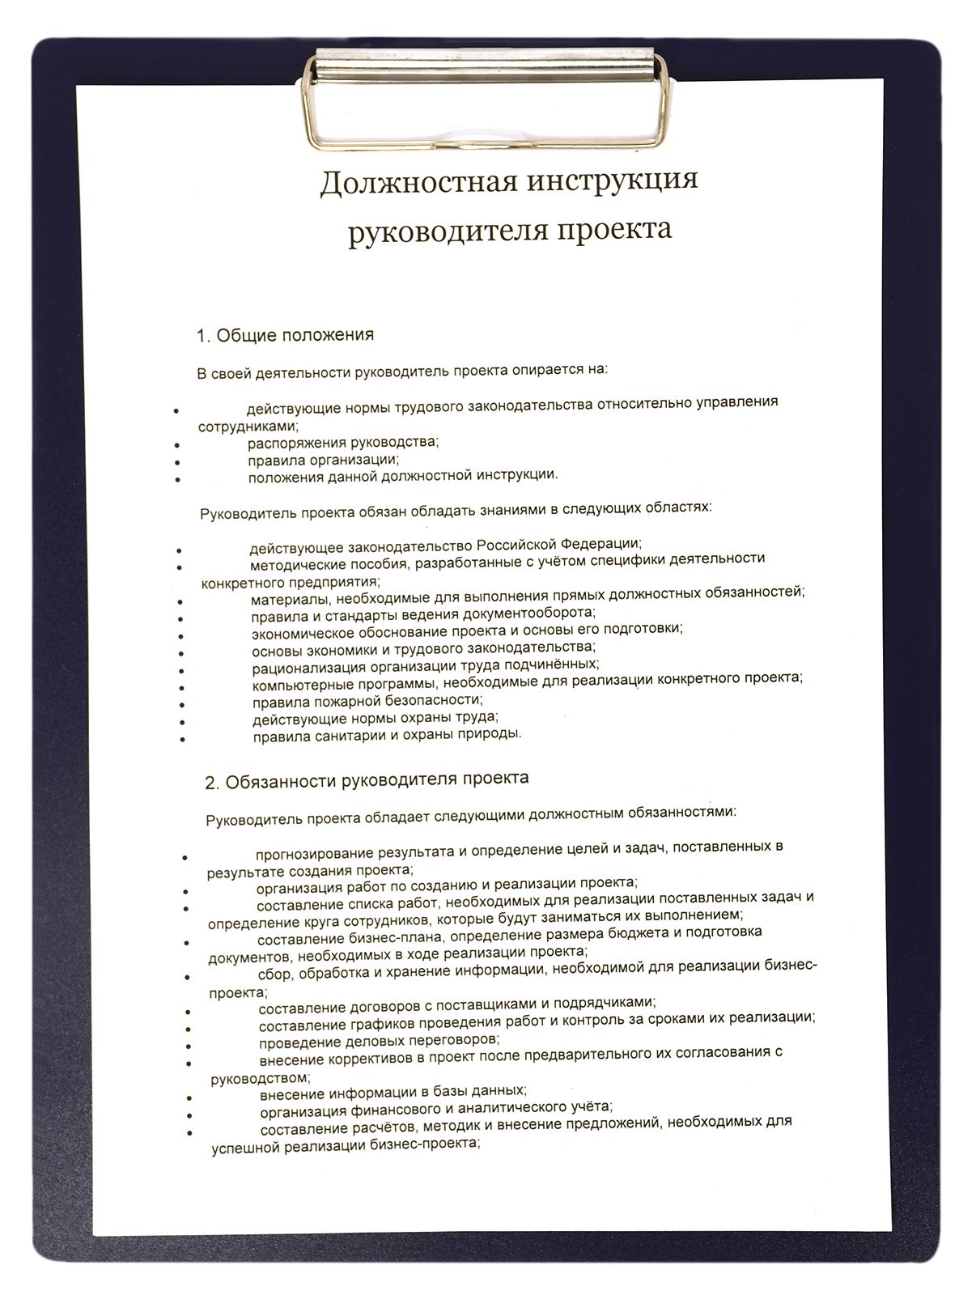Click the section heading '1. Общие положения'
coord(285,335)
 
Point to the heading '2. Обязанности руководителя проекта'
coord(367,780)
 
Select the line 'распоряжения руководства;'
coord(342,442)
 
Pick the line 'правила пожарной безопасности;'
coord(367,700)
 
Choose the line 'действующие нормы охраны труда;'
coord(375,718)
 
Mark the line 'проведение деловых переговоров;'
coord(379,1040)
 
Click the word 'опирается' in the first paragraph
coord(545,371)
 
